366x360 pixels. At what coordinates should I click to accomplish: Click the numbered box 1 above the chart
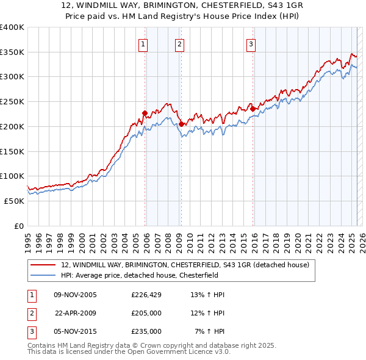143,43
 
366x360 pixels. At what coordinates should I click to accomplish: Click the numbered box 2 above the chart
179,43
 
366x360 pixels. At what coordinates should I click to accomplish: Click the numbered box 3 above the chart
251,43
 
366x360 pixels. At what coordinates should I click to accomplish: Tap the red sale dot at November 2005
145,113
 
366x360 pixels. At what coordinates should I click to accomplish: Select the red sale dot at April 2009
181,124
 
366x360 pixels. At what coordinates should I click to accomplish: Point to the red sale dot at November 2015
253,109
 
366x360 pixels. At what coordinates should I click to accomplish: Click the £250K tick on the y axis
12,102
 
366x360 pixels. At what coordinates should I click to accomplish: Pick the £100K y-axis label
12,176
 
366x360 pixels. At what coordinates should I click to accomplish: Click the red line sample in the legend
44,265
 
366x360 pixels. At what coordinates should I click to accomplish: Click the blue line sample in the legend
44,275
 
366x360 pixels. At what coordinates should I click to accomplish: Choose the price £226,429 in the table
146,295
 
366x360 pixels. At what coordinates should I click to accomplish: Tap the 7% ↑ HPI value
209,331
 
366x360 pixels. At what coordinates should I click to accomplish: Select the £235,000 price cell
146,331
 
